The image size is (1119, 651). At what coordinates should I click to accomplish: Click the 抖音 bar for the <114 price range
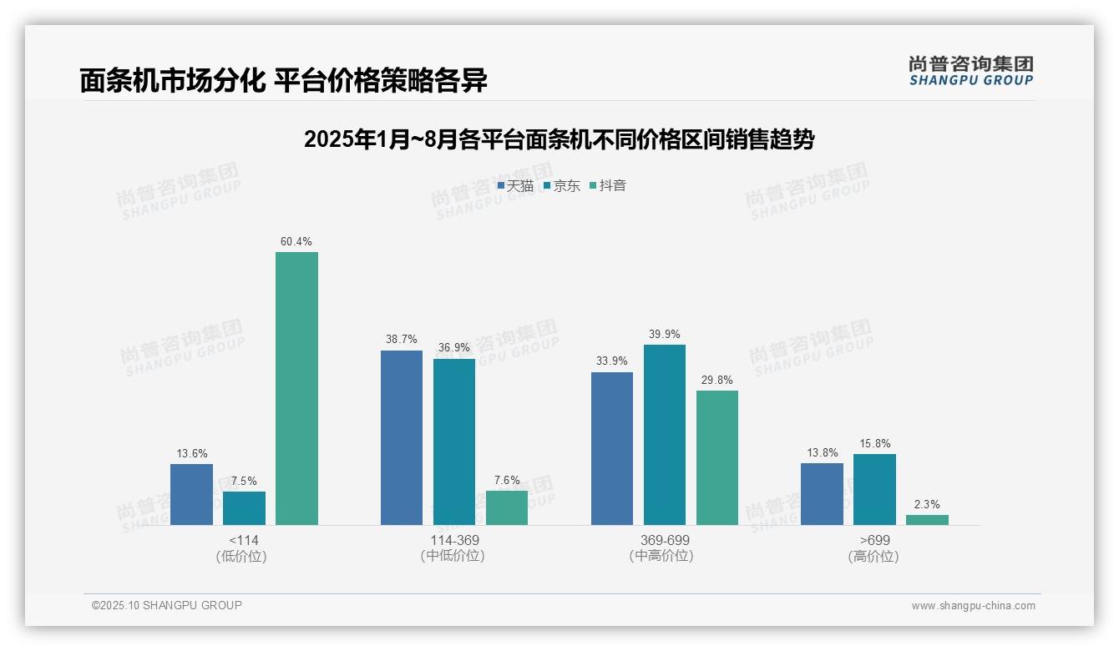click(296, 388)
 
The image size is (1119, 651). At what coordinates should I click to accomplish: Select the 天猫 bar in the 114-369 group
click(402, 437)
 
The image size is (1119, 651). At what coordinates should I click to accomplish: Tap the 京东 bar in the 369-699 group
click(665, 434)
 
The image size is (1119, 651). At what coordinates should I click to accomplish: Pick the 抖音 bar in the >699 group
click(927, 520)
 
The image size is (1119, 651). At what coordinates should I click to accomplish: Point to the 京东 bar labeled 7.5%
click(244, 507)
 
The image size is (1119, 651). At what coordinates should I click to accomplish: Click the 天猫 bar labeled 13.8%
click(822, 493)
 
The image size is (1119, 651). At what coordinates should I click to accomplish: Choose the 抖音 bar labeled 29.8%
click(717, 457)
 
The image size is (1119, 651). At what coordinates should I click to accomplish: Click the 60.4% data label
click(296, 242)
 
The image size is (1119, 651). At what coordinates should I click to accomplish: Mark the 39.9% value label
click(665, 335)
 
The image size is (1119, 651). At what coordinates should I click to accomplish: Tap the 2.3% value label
click(927, 504)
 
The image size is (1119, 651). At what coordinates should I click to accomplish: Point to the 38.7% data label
click(402, 340)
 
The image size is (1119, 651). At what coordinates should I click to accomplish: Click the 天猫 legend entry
click(515, 185)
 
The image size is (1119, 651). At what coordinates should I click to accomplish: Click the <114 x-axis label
click(244, 540)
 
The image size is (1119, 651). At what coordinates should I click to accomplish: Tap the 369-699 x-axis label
click(665, 540)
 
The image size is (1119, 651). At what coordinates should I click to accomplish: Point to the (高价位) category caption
click(873, 556)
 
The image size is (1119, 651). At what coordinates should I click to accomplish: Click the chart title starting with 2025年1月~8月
click(559, 139)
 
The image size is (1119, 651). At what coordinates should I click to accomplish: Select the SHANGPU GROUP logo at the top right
click(970, 71)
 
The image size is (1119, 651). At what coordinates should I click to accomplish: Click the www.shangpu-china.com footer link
click(973, 606)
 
